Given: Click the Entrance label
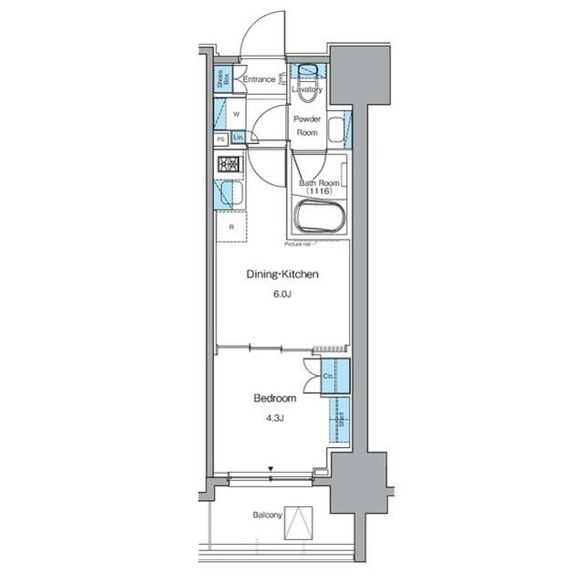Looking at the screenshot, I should click(x=260, y=80).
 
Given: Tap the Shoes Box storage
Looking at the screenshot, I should click(x=222, y=80).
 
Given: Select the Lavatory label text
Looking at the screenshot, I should click(x=307, y=90).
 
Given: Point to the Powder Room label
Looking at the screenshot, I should click(x=306, y=126).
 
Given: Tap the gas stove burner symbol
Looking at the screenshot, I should click(x=227, y=165).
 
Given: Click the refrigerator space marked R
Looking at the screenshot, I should click(x=231, y=226).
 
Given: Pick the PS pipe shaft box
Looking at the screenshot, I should click(x=221, y=139).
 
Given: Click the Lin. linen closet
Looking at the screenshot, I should click(x=238, y=138).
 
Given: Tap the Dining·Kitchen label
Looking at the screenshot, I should click(x=281, y=275).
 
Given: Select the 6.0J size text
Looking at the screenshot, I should click(x=281, y=294).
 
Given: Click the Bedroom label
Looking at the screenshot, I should click(x=274, y=399).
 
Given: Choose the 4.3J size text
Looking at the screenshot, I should click(x=274, y=418).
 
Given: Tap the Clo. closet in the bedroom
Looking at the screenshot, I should click(x=329, y=375).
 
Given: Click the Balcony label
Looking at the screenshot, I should click(x=267, y=515).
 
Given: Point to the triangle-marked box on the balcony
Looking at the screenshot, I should click(x=299, y=521).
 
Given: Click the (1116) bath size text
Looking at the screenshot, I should click(x=319, y=192).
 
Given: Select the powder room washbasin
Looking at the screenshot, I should click(x=335, y=130).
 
